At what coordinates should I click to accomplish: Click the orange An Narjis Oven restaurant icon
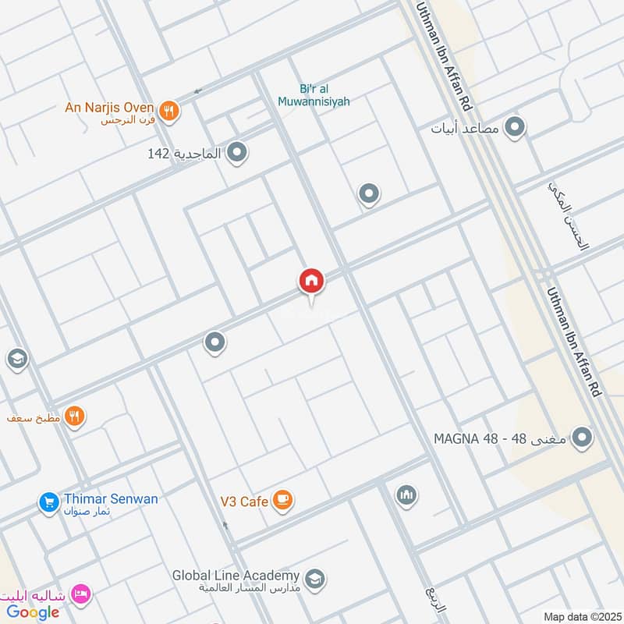(x=168, y=111)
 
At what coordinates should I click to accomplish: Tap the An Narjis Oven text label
(x=110, y=107)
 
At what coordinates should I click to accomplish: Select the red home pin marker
(x=310, y=281)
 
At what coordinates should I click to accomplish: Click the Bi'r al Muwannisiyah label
(x=314, y=95)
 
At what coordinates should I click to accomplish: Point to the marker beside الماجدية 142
(x=237, y=153)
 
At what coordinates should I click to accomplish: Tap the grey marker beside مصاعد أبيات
(x=514, y=126)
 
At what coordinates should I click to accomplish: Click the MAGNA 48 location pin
(x=581, y=438)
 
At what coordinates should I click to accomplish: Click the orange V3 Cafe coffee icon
(x=283, y=500)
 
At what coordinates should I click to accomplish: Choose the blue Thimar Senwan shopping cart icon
(x=48, y=502)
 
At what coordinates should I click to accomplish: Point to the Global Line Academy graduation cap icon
(x=315, y=579)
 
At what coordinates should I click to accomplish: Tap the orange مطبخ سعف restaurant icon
(x=75, y=416)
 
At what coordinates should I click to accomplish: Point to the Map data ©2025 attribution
(x=580, y=616)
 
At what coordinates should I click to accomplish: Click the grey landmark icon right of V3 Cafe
(x=406, y=495)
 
